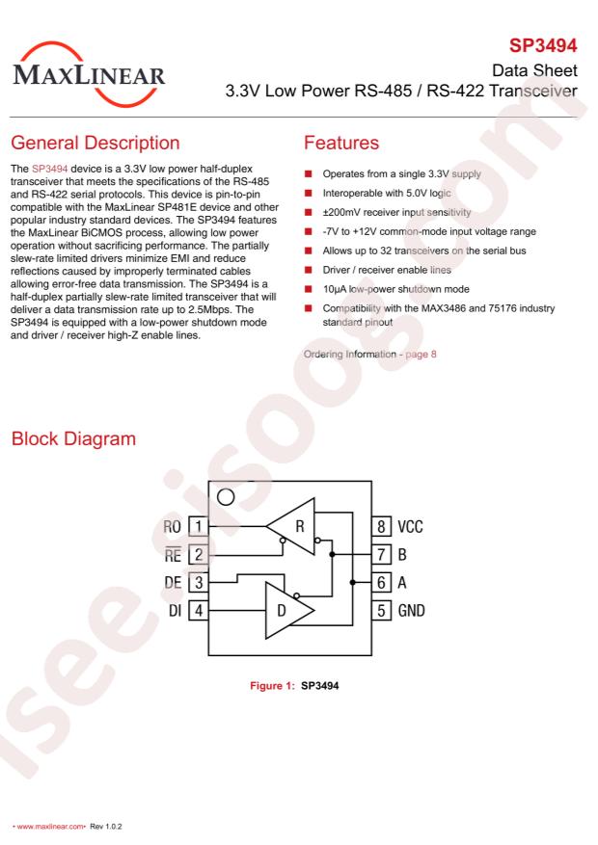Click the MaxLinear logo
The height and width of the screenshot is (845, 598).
click(89, 74)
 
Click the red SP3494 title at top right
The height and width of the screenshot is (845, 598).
click(543, 46)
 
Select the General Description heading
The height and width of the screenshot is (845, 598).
click(95, 143)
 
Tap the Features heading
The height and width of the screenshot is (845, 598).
click(341, 143)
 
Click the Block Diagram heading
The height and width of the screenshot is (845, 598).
click(73, 438)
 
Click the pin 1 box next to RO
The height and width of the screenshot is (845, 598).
click(199, 526)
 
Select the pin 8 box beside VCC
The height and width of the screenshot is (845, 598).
click(381, 526)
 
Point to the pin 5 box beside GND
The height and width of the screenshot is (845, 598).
click(381, 611)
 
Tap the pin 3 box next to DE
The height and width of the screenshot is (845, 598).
click(199, 583)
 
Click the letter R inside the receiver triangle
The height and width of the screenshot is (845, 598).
click(300, 526)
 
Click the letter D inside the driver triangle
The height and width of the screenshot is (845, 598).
click(282, 611)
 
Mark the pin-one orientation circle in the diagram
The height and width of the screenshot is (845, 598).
click(226, 497)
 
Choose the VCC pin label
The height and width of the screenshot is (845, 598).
click(410, 526)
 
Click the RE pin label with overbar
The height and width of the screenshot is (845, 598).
click(173, 554)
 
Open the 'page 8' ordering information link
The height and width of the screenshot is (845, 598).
click(421, 354)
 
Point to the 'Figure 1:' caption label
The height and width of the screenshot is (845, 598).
click(272, 685)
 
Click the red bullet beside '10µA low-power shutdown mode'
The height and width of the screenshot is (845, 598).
click(309, 289)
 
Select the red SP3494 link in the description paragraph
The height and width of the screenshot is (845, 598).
click(49, 169)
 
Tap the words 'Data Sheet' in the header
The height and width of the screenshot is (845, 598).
click(534, 70)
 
